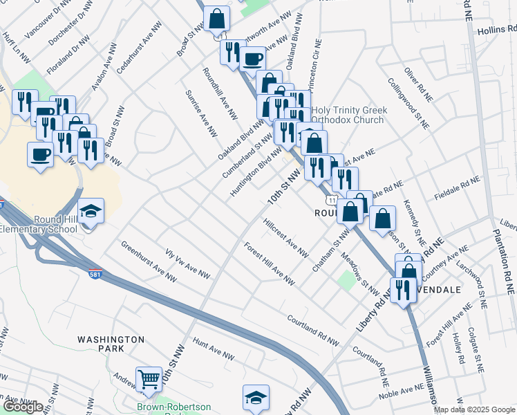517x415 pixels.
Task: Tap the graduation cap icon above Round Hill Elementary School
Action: [x=91, y=210]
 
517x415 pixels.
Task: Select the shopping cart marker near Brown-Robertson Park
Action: [x=149, y=378]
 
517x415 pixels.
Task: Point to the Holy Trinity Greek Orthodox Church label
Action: [x=349, y=115]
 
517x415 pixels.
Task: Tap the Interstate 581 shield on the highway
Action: [x=95, y=275]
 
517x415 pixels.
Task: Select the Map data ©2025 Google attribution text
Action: [x=475, y=409]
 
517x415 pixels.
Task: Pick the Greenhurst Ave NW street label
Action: [x=147, y=261]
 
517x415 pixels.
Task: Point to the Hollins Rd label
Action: [x=496, y=30]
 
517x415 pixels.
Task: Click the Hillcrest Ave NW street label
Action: [x=285, y=238]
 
